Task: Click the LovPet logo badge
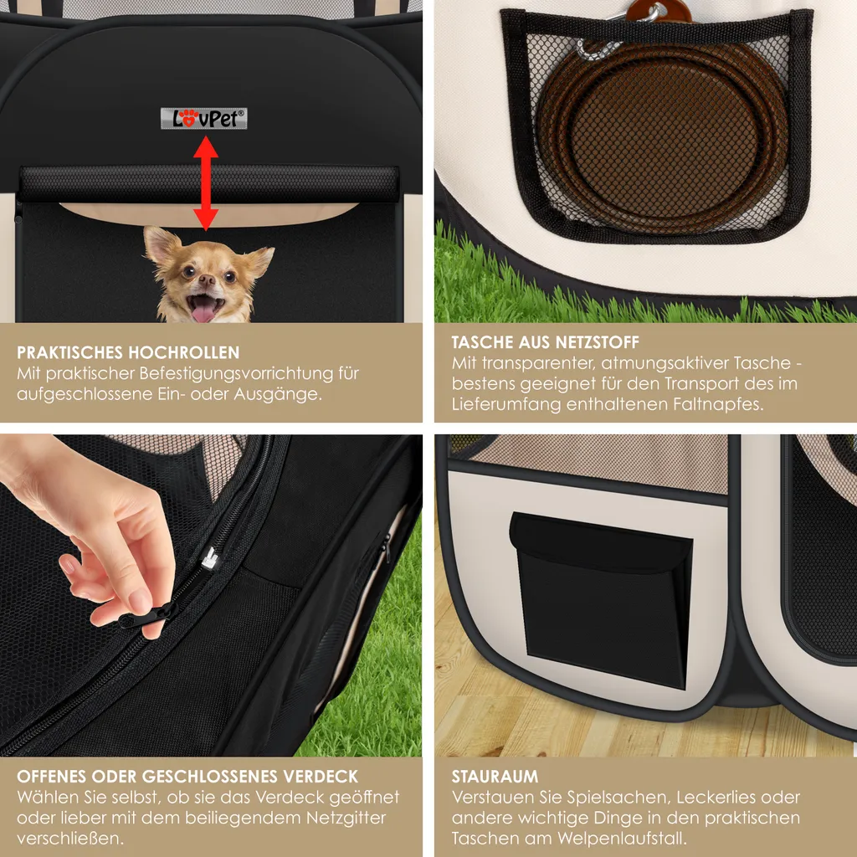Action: click(x=204, y=119)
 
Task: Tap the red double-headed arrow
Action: click(x=206, y=183)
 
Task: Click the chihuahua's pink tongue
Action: click(x=204, y=312)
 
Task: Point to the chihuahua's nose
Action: click(x=207, y=280)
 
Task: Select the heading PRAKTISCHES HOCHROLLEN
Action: click(x=128, y=352)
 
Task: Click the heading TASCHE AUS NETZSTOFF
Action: click(x=545, y=342)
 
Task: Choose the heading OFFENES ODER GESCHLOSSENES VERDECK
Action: click(x=187, y=777)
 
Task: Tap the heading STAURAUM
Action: click(x=495, y=777)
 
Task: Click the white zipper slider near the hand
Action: click(x=210, y=558)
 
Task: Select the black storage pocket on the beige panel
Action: click(x=601, y=599)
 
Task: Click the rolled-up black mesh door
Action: click(x=208, y=183)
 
